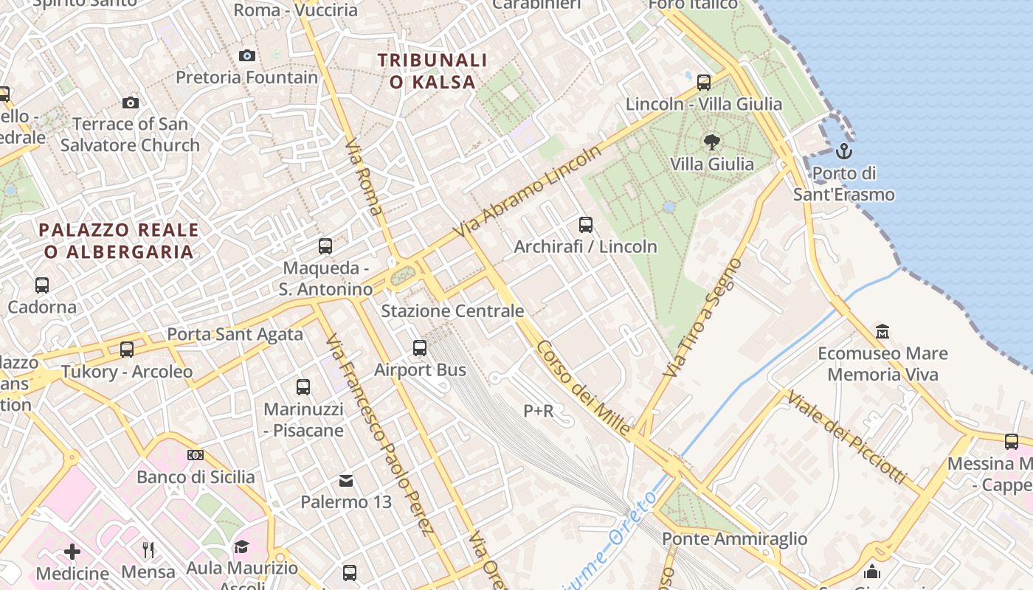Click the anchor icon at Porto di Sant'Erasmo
click(x=843, y=152)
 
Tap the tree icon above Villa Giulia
click(x=711, y=142)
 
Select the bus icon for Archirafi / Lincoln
click(x=586, y=224)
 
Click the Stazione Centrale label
click(x=452, y=310)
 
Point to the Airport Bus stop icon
click(x=420, y=347)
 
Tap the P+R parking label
click(x=538, y=411)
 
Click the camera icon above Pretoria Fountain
click(x=247, y=55)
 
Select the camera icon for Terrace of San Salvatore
click(x=131, y=103)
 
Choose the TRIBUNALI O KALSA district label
click(x=432, y=71)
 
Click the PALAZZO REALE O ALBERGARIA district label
click(x=119, y=241)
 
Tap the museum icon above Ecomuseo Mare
click(x=882, y=331)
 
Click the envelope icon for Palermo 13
click(x=346, y=481)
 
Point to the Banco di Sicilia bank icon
click(x=196, y=455)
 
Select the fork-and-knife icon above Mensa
click(x=148, y=549)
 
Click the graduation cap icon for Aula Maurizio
click(x=241, y=546)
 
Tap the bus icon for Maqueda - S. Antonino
click(x=325, y=246)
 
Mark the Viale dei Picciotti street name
click(x=846, y=437)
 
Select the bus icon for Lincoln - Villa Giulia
click(x=704, y=82)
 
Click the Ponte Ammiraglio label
click(x=734, y=539)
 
